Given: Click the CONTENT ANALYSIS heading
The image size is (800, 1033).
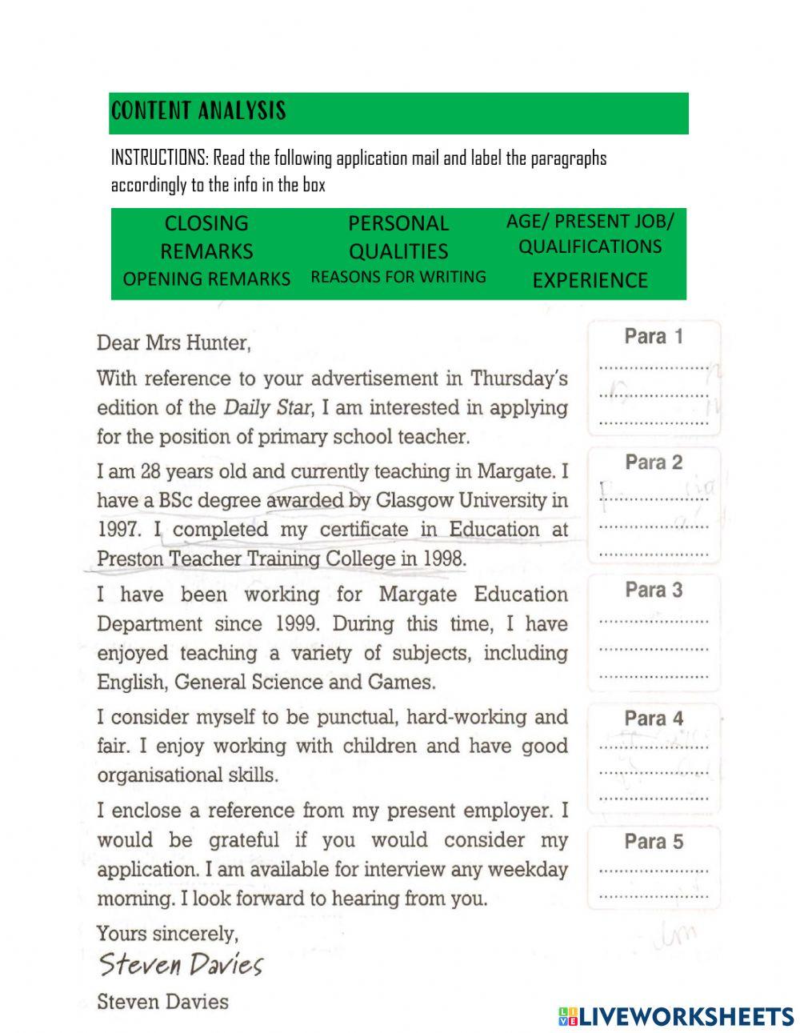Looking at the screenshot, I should click(198, 110).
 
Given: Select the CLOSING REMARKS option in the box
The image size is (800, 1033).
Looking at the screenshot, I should click(206, 237).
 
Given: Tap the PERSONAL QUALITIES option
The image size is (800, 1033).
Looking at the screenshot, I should click(398, 237).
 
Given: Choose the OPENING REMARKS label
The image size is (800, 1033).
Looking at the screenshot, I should click(206, 278).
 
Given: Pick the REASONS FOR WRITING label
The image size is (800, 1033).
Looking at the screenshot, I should click(398, 277).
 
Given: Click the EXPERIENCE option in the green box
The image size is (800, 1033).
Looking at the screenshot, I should click(590, 280).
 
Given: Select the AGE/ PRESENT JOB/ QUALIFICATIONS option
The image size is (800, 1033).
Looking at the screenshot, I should click(590, 233).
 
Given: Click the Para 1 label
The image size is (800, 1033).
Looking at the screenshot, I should click(654, 336).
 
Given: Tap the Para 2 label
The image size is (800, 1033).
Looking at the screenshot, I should click(654, 462).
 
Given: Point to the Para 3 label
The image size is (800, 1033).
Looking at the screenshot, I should click(654, 591).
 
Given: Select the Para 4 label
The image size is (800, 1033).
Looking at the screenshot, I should click(654, 719).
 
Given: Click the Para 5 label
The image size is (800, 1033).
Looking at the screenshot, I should click(654, 842).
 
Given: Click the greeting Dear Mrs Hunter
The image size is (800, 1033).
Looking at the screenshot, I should click(174, 343).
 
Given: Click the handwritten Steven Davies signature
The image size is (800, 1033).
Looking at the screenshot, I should click(181, 964).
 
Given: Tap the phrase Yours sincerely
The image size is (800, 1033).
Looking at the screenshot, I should click(167, 933).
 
